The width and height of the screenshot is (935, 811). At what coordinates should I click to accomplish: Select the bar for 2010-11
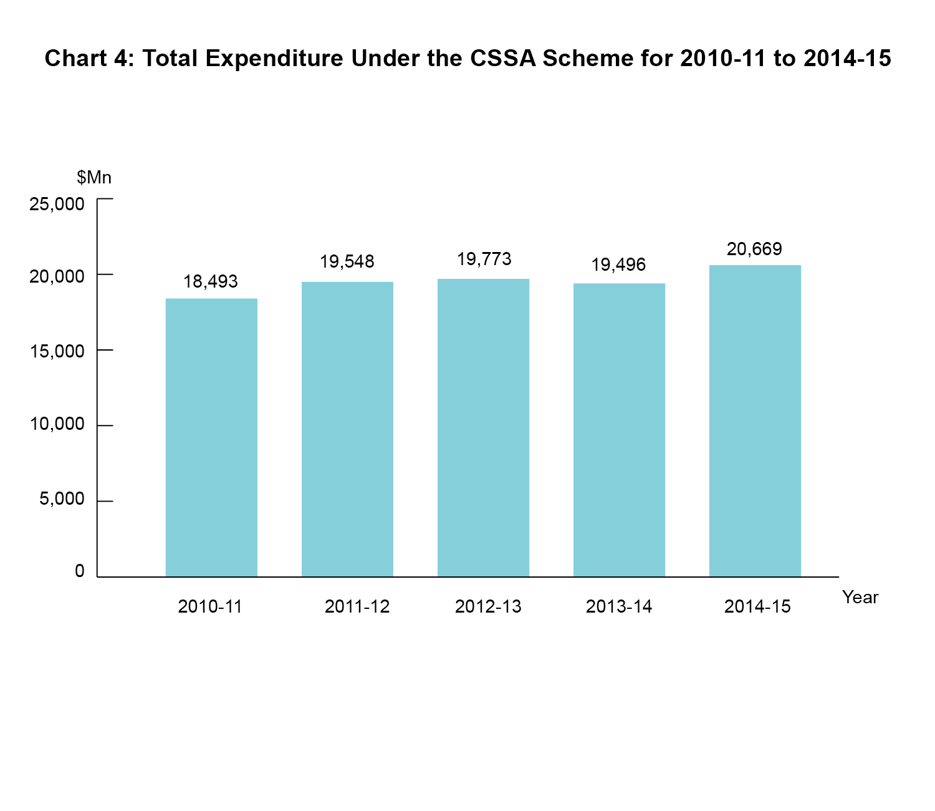coord(211,437)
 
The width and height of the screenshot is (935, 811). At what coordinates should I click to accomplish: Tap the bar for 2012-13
coord(483,427)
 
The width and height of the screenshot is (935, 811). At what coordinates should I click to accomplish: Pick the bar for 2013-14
coord(619,430)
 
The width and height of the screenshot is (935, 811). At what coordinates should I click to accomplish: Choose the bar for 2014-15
coord(755,420)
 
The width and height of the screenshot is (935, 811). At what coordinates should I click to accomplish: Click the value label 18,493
coord(211,281)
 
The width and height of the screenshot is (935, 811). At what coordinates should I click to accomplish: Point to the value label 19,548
coord(347,261)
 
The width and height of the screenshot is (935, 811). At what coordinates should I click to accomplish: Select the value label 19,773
coord(484,259)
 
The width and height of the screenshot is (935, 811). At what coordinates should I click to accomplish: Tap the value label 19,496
coord(618,265)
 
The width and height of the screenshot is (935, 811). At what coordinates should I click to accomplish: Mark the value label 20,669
coord(754,249)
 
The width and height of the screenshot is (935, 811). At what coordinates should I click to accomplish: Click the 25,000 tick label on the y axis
coord(57,204)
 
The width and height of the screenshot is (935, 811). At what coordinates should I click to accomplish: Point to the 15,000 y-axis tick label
coord(57,351)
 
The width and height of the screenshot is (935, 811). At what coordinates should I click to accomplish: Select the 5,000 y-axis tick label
coord(62,498)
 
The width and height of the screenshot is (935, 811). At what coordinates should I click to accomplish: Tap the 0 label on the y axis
coord(79,571)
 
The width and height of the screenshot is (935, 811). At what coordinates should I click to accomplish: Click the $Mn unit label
coord(94,178)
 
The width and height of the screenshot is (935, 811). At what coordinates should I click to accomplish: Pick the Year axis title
coord(860,597)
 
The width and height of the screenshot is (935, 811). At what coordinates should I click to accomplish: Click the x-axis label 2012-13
coord(488,606)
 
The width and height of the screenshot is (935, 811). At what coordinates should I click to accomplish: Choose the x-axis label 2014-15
coord(757,606)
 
